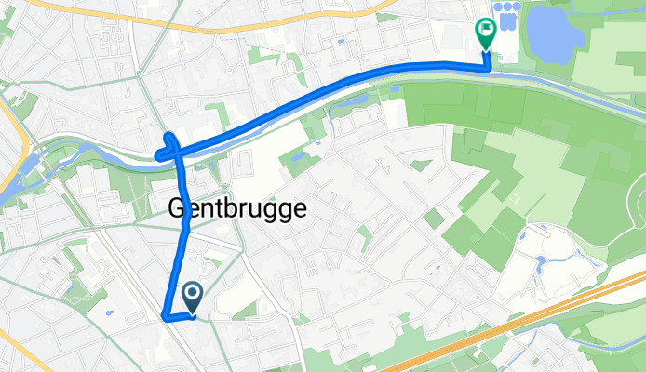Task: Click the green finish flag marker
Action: pos(485,33)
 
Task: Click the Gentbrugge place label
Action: pos(237,210)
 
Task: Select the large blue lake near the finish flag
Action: pos(556,33)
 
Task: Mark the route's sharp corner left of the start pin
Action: pos(166,317)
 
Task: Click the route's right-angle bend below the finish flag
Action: pos(490,66)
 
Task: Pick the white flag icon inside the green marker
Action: pos(485,29)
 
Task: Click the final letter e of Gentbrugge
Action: pos(298,210)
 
